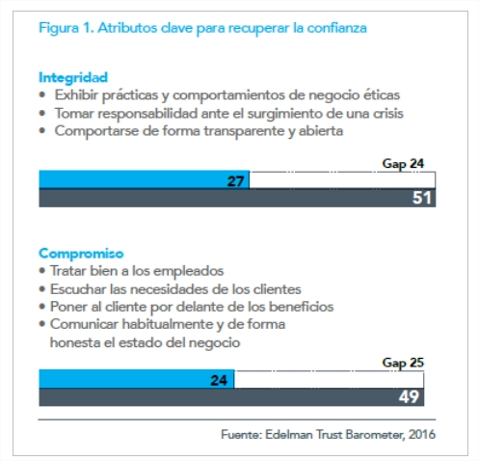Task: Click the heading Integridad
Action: pos(73,77)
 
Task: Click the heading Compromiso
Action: pos(81,254)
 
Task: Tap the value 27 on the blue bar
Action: pos(235,181)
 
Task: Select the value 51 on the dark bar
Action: pos(421,198)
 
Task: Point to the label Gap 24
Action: pos(403,164)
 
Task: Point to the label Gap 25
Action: pos(403,363)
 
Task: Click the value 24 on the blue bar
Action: pos(219,381)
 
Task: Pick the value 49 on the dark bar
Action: pos(409,396)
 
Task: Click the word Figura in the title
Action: pos(59,28)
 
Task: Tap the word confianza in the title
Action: pos(336,28)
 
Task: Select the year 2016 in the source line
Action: pos(422,435)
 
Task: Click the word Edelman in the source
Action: pos(289,435)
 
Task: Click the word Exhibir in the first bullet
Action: pos(76,95)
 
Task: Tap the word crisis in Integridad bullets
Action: pos(387,114)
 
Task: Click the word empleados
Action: pos(188,271)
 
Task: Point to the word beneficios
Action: pos(302,307)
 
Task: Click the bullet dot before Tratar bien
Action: pos(41,271)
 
